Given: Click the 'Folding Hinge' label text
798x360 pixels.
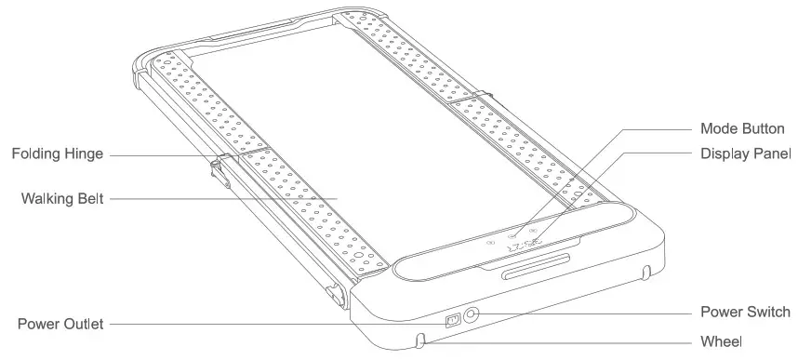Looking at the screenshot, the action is (x=57, y=153).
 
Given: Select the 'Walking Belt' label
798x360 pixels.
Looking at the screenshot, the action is (x=61, y=198).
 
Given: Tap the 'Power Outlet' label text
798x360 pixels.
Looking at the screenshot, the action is (x=60, y=324).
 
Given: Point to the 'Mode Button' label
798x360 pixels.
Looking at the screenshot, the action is (x=741, y=128).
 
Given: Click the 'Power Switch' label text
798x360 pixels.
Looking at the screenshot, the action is (x=744, y=312).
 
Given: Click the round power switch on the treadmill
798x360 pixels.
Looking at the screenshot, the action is (x=472, y=316).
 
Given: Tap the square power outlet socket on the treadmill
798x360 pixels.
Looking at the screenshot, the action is (x=453, y=321).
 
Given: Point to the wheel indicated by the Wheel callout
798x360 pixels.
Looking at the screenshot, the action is (x=422, y=340).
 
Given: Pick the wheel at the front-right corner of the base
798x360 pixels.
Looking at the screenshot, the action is (x=645, y=273).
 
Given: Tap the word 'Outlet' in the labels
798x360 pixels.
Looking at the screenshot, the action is (x=82, y=324).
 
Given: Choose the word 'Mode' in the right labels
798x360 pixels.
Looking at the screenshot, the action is (x=719, y=128).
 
